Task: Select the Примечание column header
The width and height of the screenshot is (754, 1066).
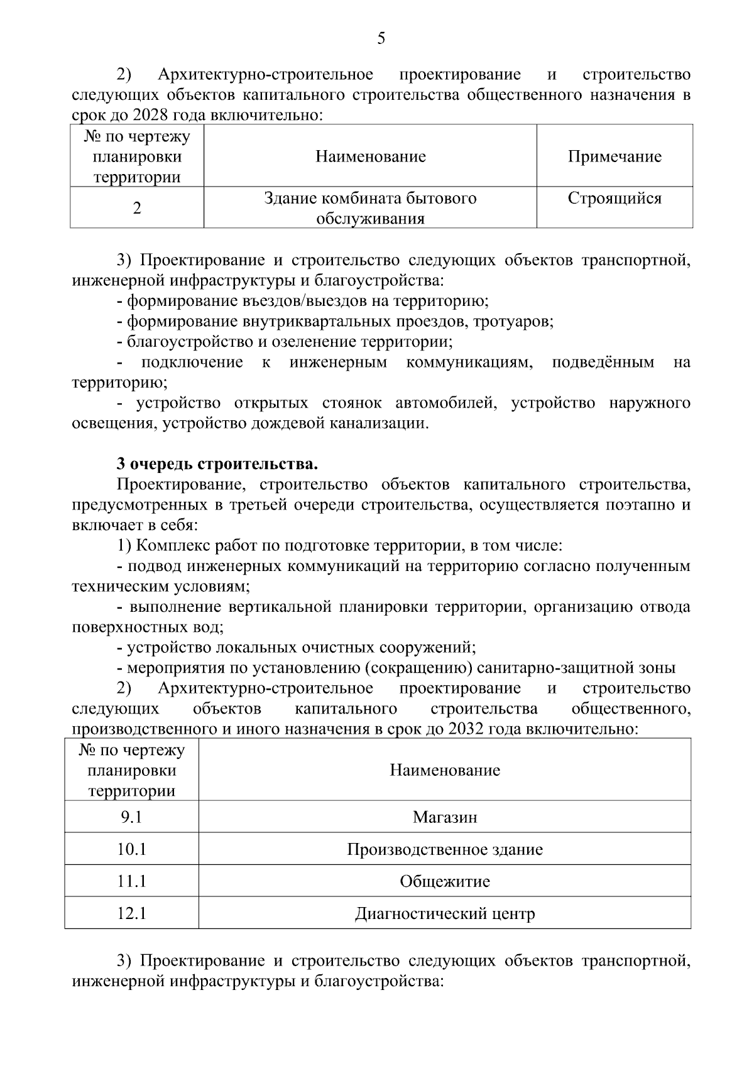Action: [x=615, y=156]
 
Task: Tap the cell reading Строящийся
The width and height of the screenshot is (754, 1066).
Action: [x=615, y=199]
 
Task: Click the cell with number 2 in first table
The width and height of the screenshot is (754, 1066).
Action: [x=137, y=208]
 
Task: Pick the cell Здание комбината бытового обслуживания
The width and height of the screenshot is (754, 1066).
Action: [x=370, y=208]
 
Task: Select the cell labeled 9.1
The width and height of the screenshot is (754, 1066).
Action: [x=131, y=817]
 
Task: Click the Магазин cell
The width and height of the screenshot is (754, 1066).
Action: [x=444, y=817]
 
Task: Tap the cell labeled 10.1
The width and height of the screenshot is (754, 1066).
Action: [x=131, y=849]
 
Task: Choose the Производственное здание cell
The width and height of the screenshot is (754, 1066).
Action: [x=444, y=849]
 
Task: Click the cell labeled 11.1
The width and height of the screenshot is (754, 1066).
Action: [x=131, y=881]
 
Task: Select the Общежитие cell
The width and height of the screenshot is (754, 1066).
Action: [x=444, y=881]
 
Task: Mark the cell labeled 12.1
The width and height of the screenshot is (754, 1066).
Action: [x=131, y=913]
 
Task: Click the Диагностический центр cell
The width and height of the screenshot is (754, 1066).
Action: [x=444, y=913]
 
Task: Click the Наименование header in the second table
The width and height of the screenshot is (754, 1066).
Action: [x=444, y=770]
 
